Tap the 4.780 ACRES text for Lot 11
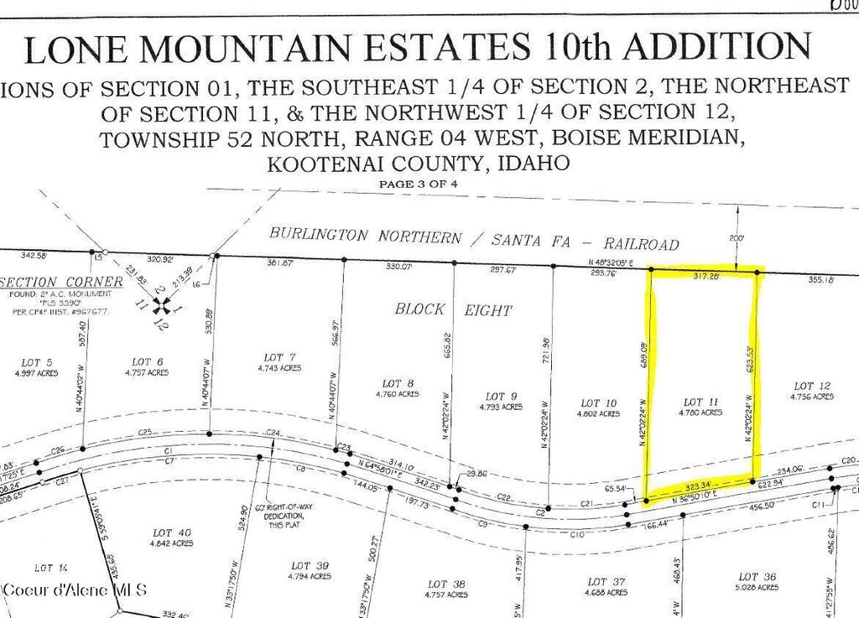coord(700,413)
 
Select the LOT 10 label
coord(597,402)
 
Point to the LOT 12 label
coord(813,386)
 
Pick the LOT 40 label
coord(173,532)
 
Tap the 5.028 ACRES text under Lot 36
coord(759,588)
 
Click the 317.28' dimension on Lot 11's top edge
coord(701,274)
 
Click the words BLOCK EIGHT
coord(452,309)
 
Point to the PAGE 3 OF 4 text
coord(418,183)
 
